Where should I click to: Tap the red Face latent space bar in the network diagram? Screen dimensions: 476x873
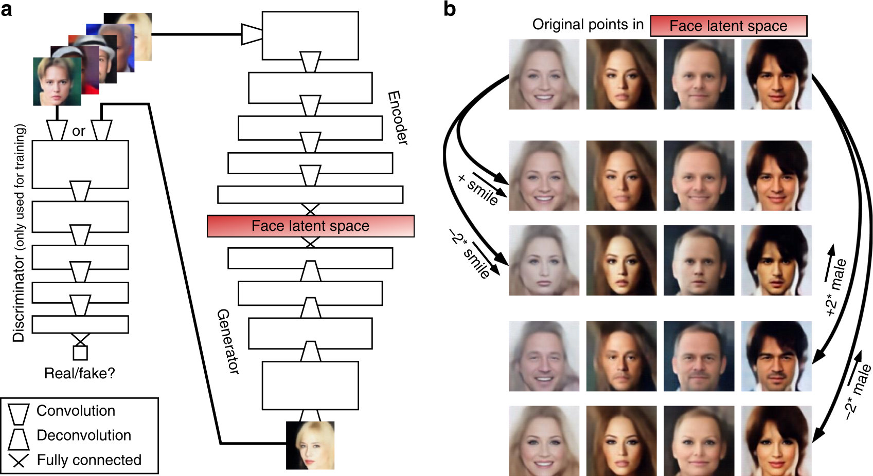310,226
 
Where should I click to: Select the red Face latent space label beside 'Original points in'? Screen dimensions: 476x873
728,26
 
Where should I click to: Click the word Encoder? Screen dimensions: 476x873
398,118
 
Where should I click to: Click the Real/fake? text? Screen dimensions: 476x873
80,373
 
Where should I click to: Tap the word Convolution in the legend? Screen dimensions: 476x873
76,411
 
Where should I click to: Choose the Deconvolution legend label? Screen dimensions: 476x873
84,435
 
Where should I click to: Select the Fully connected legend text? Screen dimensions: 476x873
89,460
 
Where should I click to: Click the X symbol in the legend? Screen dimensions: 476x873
19,460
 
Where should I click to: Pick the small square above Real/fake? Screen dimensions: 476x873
80,353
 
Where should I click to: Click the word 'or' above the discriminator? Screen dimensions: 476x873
79,132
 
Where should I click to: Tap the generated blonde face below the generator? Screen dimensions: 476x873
310,445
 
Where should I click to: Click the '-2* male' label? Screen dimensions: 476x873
858,392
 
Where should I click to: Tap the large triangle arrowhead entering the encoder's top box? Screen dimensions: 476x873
252,34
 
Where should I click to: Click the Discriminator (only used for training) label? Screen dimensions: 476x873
19,233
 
